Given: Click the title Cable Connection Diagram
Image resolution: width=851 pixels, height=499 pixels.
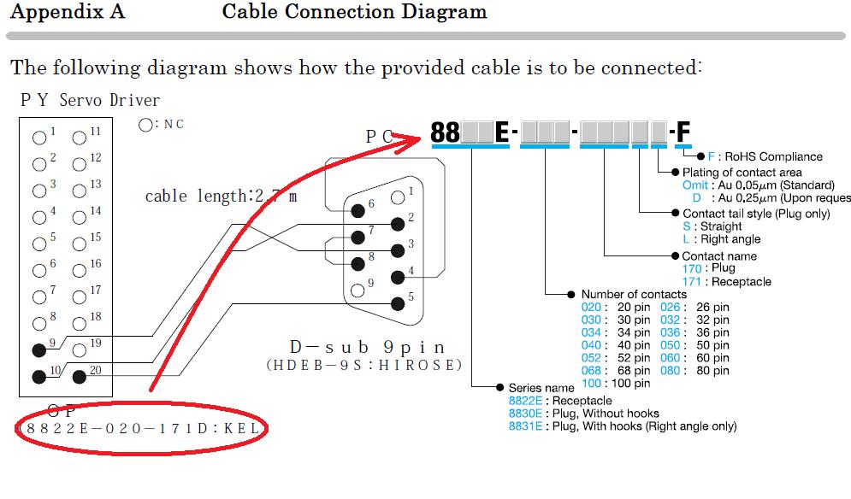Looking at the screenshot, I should (354, 12).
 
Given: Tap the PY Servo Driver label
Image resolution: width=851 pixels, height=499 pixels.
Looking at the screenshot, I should (90, 100).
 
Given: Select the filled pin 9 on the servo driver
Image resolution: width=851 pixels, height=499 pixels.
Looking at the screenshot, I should (38, 349).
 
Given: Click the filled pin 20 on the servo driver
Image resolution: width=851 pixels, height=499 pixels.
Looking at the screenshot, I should (80, 375).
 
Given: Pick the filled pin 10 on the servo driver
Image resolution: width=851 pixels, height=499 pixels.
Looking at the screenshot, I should (38, 375).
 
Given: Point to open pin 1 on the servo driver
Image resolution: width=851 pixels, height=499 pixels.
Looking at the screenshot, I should (38, 137).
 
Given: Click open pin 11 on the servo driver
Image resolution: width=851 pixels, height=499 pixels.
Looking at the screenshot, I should (80, 137).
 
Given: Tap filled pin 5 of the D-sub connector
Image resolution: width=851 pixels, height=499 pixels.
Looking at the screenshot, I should (397, 302).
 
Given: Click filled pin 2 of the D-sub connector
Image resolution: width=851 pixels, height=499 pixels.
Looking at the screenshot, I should (397, 224).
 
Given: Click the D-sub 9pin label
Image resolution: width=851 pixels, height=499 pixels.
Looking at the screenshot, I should (367, 347).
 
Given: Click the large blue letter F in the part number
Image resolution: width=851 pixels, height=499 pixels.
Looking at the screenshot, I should (683, 132).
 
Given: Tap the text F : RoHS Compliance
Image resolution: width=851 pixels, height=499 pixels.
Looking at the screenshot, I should (764, 156).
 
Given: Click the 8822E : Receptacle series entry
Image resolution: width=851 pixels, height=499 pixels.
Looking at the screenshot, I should (560, 400).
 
